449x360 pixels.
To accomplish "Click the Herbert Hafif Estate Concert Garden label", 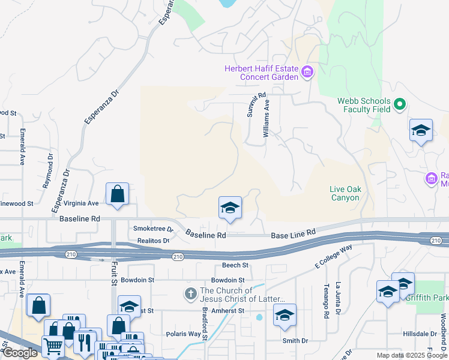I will click(261, 73).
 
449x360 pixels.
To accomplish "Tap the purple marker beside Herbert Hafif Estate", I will click(307, 73).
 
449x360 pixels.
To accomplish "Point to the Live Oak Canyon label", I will click(345, 193).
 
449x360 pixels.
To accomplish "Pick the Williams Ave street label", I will click(267, 119).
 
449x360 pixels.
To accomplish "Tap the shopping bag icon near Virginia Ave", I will click(118, 194).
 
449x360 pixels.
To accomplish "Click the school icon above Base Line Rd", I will click(229, 208).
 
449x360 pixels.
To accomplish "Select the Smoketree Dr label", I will click(153, 229).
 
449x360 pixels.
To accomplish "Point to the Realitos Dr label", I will click(153, 240).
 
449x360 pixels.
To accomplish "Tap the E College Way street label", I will click(333, 257).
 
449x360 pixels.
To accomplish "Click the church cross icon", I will click(190, 294).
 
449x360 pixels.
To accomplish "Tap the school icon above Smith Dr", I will click(285, 315).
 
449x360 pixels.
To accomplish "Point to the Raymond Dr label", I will click(48, 172).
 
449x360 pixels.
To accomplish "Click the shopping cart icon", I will click(53, 346).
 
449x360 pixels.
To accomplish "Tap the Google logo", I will click(19, 353).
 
